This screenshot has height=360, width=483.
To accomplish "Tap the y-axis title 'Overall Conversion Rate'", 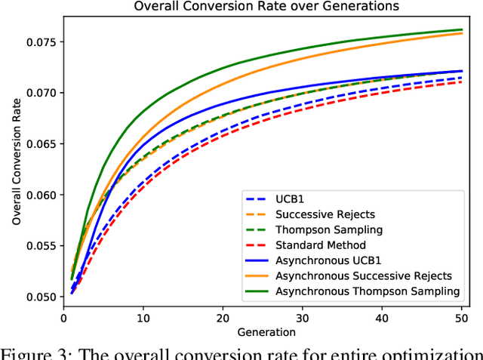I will tap(16, 158).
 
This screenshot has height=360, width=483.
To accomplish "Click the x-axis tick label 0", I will tap(64, 318).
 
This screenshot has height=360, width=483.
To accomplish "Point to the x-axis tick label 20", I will tap(223, 318).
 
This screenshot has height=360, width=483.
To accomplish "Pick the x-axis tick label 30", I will tap(303, 318).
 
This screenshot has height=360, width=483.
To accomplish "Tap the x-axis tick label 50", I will tap(461, 318).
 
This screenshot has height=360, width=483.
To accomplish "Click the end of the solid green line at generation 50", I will tap(461, 30).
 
